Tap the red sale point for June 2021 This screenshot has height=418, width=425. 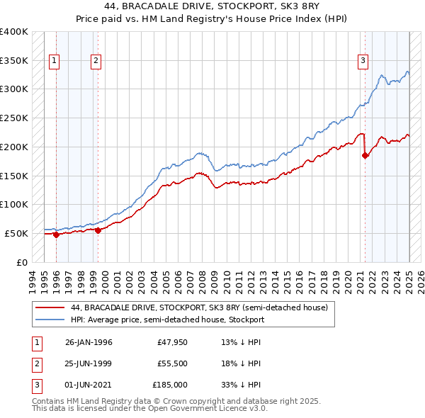point(365,156)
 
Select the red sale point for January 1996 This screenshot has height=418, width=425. point(56,235)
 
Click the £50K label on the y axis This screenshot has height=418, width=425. point(16,233)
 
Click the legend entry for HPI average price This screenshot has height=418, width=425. point(167,320)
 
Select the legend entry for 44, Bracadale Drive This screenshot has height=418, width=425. point(199,308)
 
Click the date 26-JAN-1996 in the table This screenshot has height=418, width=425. point(89,343)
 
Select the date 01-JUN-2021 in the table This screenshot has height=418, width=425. point(89,384)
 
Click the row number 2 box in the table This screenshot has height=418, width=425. point(35,363)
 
